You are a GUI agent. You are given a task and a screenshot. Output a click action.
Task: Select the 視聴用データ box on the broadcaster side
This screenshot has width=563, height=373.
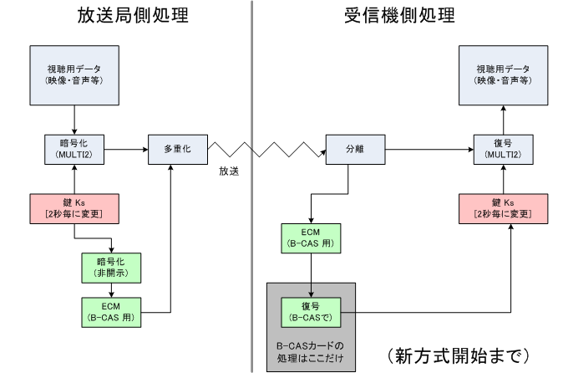click(75, 74)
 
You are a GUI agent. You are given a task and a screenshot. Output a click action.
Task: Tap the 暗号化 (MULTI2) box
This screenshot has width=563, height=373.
click(75, 149)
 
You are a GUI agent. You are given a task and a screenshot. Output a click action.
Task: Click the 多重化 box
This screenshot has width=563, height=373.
click(177, 149)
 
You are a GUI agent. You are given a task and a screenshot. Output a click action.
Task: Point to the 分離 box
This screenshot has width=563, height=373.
click(355, 149)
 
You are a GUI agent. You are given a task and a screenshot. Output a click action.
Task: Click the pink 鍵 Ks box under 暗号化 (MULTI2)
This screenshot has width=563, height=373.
click(75, 207)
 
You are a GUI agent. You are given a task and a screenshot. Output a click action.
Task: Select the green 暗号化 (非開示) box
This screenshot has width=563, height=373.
click(111, 267)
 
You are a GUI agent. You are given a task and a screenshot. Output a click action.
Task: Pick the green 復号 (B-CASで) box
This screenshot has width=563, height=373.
click(311, 310)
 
